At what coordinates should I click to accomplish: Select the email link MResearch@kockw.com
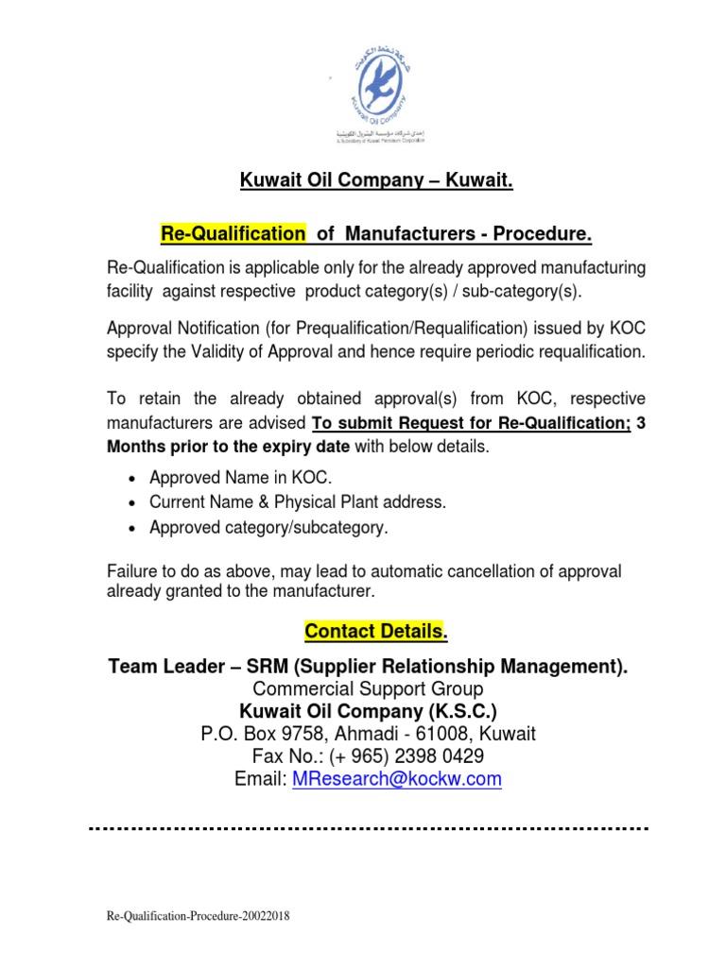(397, 779)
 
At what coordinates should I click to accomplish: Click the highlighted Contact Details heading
(372, 631)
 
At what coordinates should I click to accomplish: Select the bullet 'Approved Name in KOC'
(241, 479)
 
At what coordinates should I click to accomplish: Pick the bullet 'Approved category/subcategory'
(268, 528)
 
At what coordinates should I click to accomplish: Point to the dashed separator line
(369, 828)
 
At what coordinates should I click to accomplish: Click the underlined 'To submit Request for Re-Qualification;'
(471, 424)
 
